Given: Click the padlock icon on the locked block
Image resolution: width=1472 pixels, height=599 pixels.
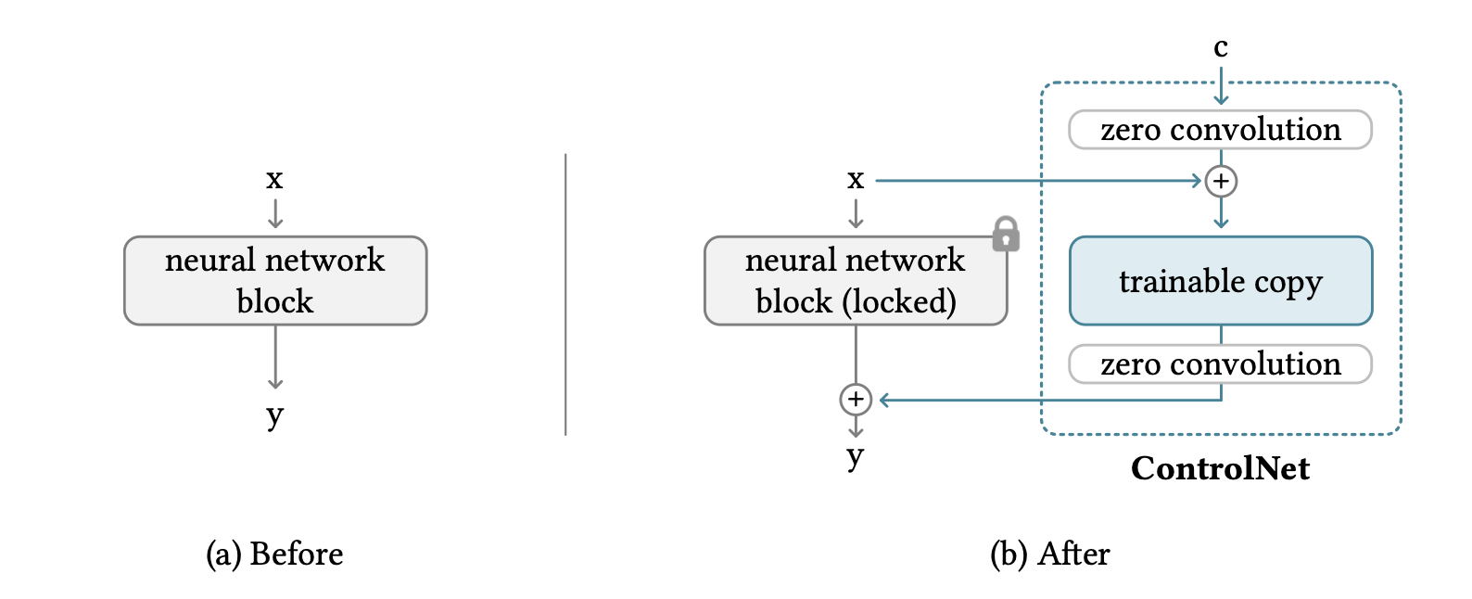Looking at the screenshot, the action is click(1006, 234).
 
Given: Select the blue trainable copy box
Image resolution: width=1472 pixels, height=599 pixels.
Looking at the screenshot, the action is click(1220, 281).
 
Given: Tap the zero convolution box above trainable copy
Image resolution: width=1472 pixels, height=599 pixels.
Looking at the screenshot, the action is click(1220, 130).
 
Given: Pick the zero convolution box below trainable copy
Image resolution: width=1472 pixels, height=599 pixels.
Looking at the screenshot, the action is click(1220, 363).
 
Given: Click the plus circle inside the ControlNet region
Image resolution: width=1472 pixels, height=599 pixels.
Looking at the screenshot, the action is click(1221, 181).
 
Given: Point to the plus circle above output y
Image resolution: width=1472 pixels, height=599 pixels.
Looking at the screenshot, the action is click(856, 399).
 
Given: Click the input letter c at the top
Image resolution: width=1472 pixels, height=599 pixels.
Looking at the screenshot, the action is click(1221, 47).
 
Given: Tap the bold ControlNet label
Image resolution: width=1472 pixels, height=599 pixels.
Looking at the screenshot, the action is click(1220, 468).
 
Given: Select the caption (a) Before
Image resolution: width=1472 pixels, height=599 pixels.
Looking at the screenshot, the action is click(274, 554).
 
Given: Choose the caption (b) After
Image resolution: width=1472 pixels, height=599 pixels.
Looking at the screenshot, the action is click(1050, 554).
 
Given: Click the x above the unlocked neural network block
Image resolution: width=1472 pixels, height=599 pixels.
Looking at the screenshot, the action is click(274, 179).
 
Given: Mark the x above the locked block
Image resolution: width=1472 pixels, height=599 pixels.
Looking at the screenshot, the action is click(856, 179).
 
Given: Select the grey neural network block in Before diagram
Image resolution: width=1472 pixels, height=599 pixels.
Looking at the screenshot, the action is click(275, 281).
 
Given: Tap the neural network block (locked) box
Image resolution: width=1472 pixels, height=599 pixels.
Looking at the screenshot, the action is click(856, 281).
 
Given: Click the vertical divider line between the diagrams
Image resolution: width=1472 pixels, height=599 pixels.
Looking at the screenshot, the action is click(565, 295).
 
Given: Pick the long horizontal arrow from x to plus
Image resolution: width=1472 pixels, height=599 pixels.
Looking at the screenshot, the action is click(1039, 181).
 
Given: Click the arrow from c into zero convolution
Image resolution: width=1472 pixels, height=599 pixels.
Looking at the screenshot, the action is click(1221, 84).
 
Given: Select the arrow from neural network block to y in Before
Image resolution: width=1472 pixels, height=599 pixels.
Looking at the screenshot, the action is click(275, 357).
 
